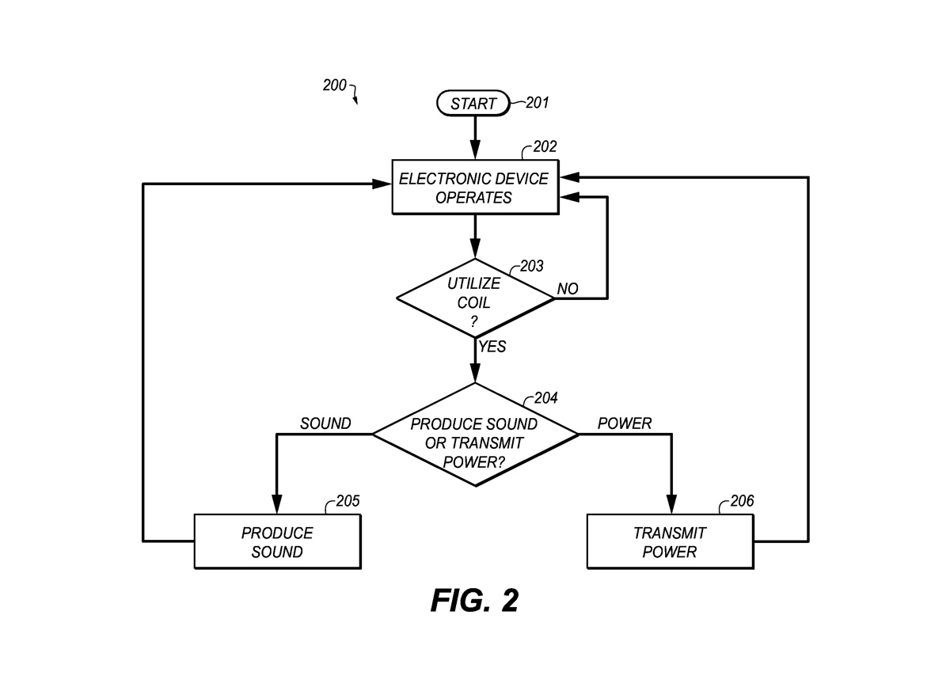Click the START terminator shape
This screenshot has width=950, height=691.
tap(473, 103)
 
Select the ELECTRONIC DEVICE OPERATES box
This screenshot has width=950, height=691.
tap(473, 188)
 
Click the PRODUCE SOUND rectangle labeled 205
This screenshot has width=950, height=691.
tap(277, 541)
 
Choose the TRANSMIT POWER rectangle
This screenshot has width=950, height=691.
tap(670, 541)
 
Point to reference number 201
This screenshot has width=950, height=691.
tap(537, 102)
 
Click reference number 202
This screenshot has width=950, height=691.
tap(545, 146)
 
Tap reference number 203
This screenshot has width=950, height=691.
tap(531, 266)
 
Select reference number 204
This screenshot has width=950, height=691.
tap(545, 398)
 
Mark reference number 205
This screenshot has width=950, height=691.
tap(348, 501)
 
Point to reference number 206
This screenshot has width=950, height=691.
tap(742, 501)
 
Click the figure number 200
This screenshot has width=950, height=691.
tap(334, 85)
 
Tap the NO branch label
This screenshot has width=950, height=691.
tap(568, 290)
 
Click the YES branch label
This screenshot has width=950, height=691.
tap(492, 347)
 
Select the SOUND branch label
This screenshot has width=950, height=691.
tap(325, 424)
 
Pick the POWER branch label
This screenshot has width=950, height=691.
tap(625, 424)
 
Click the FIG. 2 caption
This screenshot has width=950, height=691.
tap(474, 601)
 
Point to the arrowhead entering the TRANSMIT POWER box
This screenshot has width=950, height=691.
tap(671, 505)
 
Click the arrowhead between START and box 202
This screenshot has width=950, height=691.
tap(474, 150)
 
